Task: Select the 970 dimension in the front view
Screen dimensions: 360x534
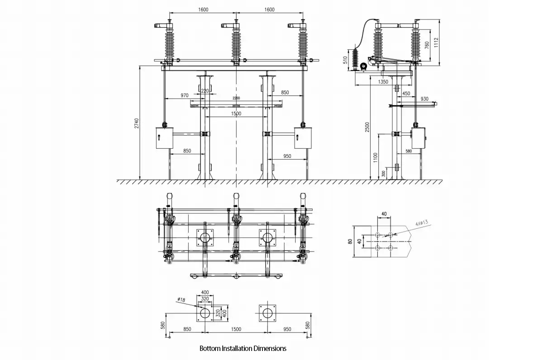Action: point(185,95)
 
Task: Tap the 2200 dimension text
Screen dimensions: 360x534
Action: point(236,98)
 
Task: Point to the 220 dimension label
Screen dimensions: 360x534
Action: point(205,91)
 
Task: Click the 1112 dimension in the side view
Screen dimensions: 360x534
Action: point(436,43)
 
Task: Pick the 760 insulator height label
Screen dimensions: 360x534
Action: point(427,45)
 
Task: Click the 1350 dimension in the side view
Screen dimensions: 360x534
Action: point(382,82)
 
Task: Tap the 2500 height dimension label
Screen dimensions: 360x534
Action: point(367,128)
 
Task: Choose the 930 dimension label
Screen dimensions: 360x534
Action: point(424,99)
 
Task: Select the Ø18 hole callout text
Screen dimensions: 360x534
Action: point(181,299)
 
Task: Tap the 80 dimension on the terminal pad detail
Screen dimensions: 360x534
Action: point(350,242)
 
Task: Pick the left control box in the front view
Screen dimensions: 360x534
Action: point(164,138)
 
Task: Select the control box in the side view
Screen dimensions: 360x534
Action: point(419,139)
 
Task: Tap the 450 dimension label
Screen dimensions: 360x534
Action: point(406,94)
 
